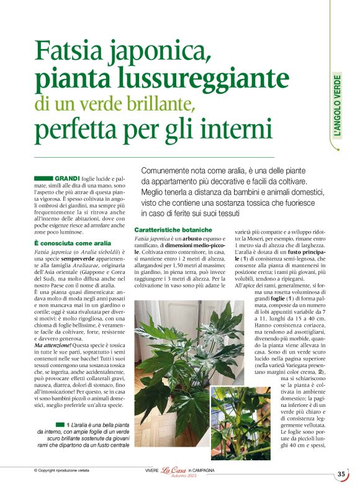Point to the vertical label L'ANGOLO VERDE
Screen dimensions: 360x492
337,106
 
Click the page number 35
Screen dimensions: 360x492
341,474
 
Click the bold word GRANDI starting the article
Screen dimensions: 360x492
68,178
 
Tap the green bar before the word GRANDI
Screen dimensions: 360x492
44,178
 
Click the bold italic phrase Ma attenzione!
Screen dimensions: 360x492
53,345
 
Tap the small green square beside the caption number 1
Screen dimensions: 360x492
61,424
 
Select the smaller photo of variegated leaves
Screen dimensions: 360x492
240,422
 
